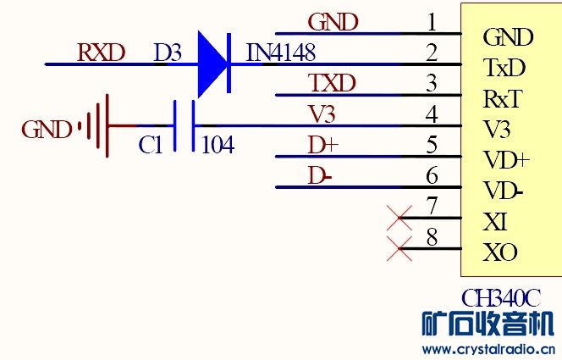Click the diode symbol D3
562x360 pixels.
215,64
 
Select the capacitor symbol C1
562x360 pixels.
184,127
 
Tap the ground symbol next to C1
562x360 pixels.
97,127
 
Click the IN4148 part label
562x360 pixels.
280,53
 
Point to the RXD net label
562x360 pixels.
101,53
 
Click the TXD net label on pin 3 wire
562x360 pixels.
332,83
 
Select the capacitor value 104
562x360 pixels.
218,146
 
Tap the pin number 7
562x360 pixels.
433,206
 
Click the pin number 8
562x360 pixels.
433,236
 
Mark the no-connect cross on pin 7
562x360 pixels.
399,219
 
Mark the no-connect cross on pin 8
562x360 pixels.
399,249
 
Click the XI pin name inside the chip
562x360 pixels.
495,223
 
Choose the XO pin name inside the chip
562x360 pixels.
499,252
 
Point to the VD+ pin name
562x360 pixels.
506,160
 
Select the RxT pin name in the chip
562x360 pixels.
501,99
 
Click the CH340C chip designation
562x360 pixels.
500,298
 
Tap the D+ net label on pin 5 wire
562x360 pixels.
322,146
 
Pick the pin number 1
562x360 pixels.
433,21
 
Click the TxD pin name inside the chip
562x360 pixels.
504,68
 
